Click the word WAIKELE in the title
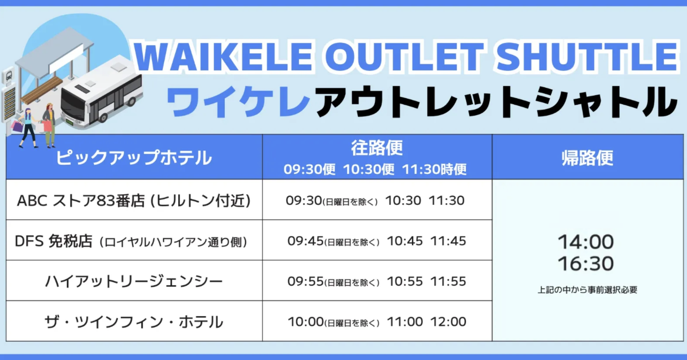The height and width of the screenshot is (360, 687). click(223, 57)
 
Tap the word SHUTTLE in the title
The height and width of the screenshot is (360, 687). click(587, 57)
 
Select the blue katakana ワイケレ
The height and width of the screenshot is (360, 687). click(238, 101)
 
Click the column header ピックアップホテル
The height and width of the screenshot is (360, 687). click(134, 157)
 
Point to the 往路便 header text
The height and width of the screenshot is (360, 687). click(377, 148)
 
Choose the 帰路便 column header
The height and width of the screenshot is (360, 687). click(587, 158)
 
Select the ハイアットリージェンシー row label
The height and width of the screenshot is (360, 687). click(134, 282)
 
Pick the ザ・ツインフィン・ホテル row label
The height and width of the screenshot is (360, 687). click(134, 322)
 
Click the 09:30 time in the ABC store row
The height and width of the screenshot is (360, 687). click(304, 201)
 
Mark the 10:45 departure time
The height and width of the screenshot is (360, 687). click(405, 241)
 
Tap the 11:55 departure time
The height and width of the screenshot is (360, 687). click(448, 282)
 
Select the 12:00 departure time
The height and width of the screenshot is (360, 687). click(448, 322)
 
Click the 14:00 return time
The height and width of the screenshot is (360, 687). click(586, 242)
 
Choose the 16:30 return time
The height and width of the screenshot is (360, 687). click(586, 264)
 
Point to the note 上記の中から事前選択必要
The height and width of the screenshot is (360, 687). click(587, 290)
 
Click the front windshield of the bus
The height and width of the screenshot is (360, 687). click(72, 106)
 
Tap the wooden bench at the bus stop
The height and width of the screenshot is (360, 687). click(42, 90)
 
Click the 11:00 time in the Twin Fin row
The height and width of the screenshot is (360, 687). click(405, 322)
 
